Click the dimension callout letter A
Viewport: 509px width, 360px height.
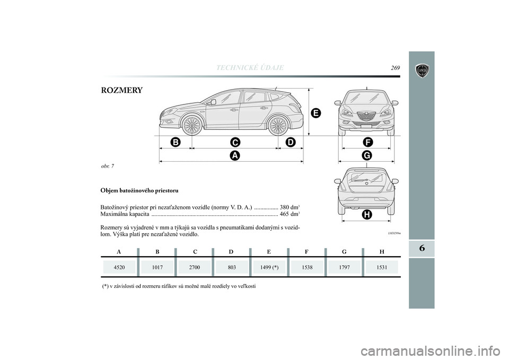(x=234, y=155)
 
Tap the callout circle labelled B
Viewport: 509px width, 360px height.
(x=175, y=142)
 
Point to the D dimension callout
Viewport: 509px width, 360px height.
(x=289, y=142)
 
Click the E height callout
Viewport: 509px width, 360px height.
(x=315, y=113)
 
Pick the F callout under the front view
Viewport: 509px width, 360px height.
(x=368, y=142)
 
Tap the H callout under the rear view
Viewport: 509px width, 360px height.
(x=366, y=214)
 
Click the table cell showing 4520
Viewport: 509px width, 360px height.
(x=119, y=268)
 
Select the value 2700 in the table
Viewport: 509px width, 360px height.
(x=195, y=268)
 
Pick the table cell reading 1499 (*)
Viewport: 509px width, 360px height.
(x=269, y=268)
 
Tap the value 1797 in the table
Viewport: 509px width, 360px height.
(x=345, y=268)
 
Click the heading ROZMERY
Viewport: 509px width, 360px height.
(x=121, y=91)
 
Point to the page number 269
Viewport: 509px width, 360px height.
(x=396, y=67)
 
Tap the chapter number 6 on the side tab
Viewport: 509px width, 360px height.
(x=422, y=248)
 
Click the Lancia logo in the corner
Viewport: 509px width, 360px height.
(x=422, y=71)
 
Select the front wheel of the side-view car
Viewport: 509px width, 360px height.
(x=191, y=126)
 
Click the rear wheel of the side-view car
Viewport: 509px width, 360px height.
(x=277, y=126)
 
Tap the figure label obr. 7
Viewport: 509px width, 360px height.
(x=108, y=166)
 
